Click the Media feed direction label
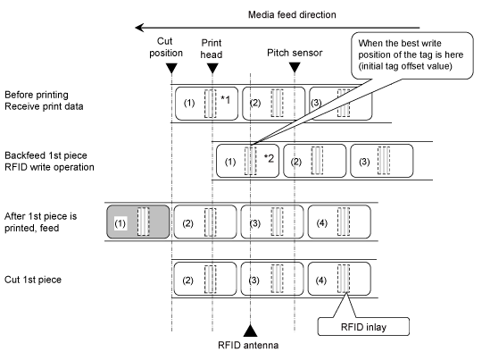[x=292, y=15]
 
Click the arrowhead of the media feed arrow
[x=140, y=28]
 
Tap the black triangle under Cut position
[x=171, y=68]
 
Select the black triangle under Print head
[x=212, y=68]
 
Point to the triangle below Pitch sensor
[x=295, y=68]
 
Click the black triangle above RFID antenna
[x=250, y=331]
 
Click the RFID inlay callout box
[x=363, y=326]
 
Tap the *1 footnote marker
[x=225, y=100]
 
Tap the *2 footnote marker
[x=269, y=158]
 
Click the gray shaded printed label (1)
[x=138, y=222]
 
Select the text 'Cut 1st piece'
[x=33, y=280]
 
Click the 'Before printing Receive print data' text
[x=44, y=100]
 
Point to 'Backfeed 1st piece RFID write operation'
[x=49, y=161]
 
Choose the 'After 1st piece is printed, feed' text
[x=40, y=222]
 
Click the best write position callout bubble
[x=412, y=55]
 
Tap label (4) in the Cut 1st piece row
[x=339, y=279]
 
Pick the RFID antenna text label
[x=248, y=345]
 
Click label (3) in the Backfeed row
[x=382, y=161]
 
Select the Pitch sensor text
[x=295, y=53]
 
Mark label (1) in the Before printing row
[x=206, y=104]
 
